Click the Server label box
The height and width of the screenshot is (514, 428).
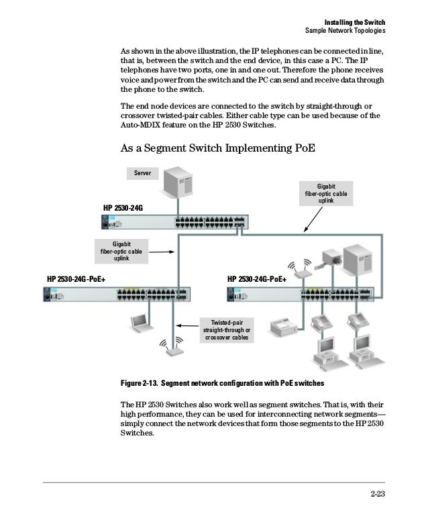(142, 173)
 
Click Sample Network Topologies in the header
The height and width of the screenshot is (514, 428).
(345, 32)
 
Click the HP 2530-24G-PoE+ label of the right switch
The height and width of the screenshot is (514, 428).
(257, 278)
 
